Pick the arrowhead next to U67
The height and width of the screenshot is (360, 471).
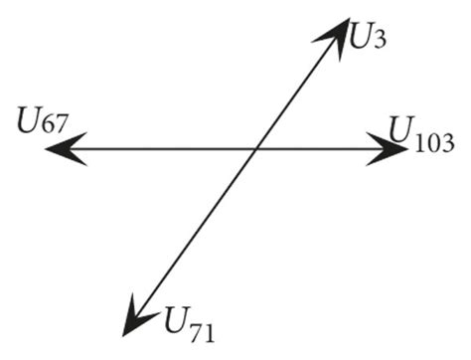60,150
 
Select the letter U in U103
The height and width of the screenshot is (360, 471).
401,129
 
